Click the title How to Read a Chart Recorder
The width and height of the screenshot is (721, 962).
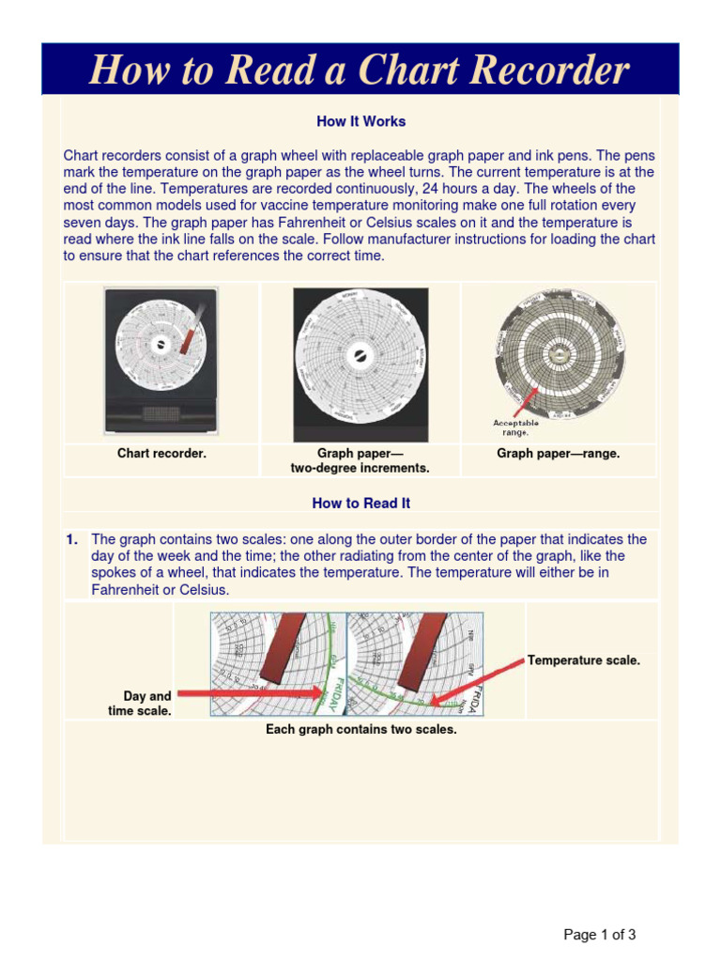click(x=360, y=70)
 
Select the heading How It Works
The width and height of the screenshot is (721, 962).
click(x=360, y=121)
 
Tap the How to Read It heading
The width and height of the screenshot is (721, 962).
click(x=360, y=503)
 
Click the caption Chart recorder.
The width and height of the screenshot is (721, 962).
click(x=161, y=454)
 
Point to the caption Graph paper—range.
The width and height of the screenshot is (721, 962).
click(x=558, y=454)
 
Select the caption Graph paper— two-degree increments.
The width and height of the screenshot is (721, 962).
click(x=360, y=460)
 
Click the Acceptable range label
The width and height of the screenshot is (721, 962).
click(x=515, y=427)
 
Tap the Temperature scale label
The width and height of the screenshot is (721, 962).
click(x=584, y=660)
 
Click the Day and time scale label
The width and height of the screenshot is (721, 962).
click(x=141, y=704)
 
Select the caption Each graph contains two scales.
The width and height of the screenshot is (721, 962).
click(x=360, y=730)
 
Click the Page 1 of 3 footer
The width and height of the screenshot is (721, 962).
click(x=599, y=935)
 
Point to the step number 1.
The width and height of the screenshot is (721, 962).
click(x=71, y=539)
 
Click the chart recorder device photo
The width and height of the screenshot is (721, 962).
click(x=161, y=362)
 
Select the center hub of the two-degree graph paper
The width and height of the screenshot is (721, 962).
click(x=360, y=355)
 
